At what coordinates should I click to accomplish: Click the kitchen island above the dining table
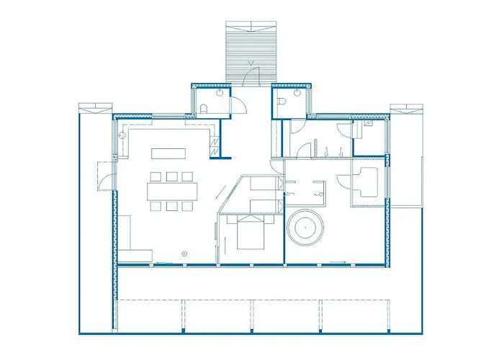point(168,153)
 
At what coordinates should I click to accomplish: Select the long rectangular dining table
point(173,191)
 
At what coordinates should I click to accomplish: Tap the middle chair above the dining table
point(171,176)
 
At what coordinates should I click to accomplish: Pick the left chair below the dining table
point(156,207)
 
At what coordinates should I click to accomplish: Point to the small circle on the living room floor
point(184,253)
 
